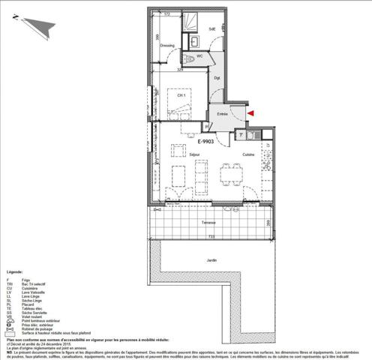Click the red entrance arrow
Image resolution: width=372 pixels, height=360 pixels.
pos(251,112)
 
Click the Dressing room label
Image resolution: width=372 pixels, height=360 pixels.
pos(167,46)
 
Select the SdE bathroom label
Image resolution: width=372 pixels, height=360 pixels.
pos(211,29)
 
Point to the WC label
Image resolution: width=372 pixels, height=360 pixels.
pos(200,55)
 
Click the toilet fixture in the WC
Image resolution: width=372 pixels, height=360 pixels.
pos(191,57)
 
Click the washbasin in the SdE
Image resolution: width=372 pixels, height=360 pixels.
pos(194,41)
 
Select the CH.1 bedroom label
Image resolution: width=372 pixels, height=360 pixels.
pos(181,95)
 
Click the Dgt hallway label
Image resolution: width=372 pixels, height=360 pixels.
pos(217,77)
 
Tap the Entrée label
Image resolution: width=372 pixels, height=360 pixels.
pos(223,113)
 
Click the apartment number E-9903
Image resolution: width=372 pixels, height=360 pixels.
pos(206,140)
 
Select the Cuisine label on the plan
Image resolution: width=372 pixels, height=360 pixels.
pos(247,154)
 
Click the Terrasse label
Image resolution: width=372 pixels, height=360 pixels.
pos(208,223)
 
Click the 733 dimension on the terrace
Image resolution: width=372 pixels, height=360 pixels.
pos(212,236)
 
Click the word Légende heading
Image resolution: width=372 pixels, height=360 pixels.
pos(15,272)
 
